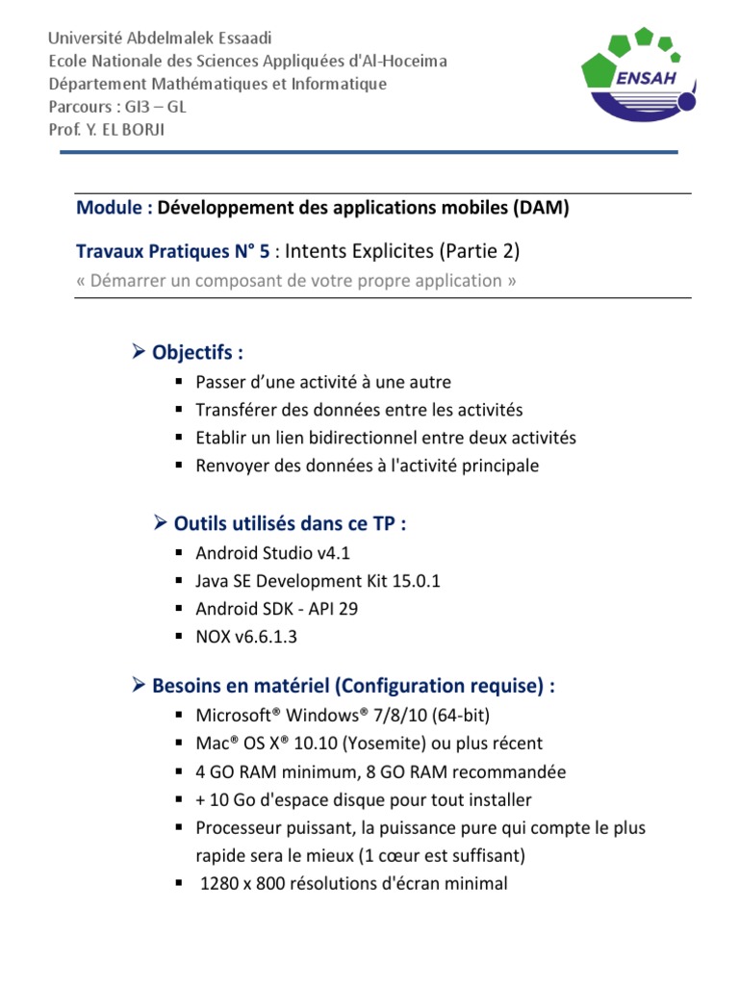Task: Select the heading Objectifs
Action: (x=191, y=352)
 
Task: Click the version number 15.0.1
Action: (x=411, y=581)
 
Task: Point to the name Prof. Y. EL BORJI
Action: (x=107, y=130)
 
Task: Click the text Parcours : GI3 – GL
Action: (x=117, y=107)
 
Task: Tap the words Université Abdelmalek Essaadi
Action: (x=161, y=38)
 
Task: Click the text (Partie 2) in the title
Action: (x=479, y=252)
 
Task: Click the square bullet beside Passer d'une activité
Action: (x=179, y=382)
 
